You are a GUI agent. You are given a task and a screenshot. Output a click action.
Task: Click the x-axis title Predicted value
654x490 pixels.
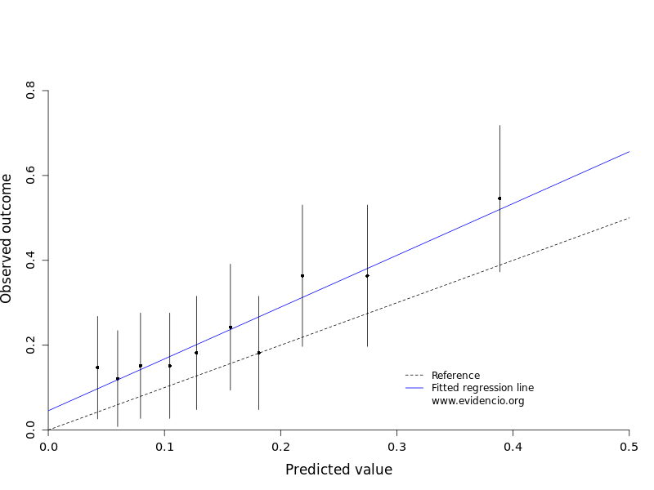point(338,470)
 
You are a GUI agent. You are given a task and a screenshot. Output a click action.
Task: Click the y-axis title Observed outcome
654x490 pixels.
point(7,238)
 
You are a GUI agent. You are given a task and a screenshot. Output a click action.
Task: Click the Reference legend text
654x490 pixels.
point(455,376)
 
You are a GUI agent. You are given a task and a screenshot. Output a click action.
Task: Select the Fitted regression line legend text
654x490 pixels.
point(482,388)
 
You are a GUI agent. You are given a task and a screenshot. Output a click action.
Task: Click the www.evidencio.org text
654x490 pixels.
point(477,401)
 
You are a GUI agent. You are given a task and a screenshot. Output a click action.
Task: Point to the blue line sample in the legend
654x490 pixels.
point(415,388)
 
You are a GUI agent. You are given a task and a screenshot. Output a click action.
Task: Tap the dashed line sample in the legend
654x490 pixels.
point(415,376)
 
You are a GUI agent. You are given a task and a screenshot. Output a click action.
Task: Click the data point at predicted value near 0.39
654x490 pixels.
point(499,198)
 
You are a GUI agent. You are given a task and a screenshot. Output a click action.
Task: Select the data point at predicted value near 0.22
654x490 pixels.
point(302,276)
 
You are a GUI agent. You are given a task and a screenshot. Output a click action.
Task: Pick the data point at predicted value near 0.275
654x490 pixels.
point(367,276)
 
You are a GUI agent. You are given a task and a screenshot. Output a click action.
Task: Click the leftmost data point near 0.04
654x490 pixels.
point(97,367)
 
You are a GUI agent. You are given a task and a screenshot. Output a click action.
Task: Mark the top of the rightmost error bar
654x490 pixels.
point(499,125)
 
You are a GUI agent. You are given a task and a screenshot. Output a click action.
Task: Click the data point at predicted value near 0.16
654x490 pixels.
point(231,327)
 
